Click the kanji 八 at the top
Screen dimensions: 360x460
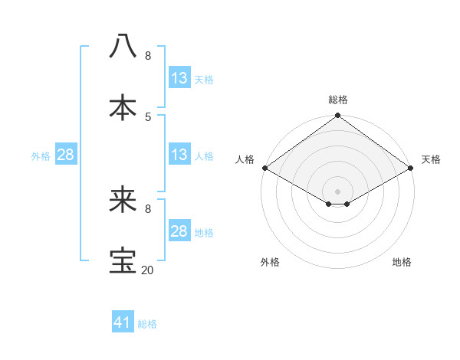click(123, 46)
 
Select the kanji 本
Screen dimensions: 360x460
click(123, 106)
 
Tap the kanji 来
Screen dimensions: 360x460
click(123, 200)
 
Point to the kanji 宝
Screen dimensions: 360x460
click(123, 260)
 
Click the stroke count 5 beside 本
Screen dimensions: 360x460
click(148, 116)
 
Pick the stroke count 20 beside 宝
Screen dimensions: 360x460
click(148, 270)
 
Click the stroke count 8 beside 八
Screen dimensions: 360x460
click(148, 56)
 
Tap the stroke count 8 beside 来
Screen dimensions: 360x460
click(148, 209)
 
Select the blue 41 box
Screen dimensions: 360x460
click(123, 322)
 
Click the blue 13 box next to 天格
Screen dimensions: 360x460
click(179, 78)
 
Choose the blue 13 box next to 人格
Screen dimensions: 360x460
click(179, 155)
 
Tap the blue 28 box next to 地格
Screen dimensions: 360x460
click(179, 231)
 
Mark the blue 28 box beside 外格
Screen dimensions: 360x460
click(66, 155)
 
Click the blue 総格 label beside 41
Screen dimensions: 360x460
click(147, 324)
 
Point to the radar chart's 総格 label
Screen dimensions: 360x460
click(338, 100)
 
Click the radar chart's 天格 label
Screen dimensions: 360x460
click(431, 159)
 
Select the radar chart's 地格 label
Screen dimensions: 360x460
click(402, 262)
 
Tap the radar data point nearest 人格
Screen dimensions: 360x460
click(264, 168)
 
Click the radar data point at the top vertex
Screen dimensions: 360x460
click(338, 116)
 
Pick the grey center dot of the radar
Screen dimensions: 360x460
click(338, 191)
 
